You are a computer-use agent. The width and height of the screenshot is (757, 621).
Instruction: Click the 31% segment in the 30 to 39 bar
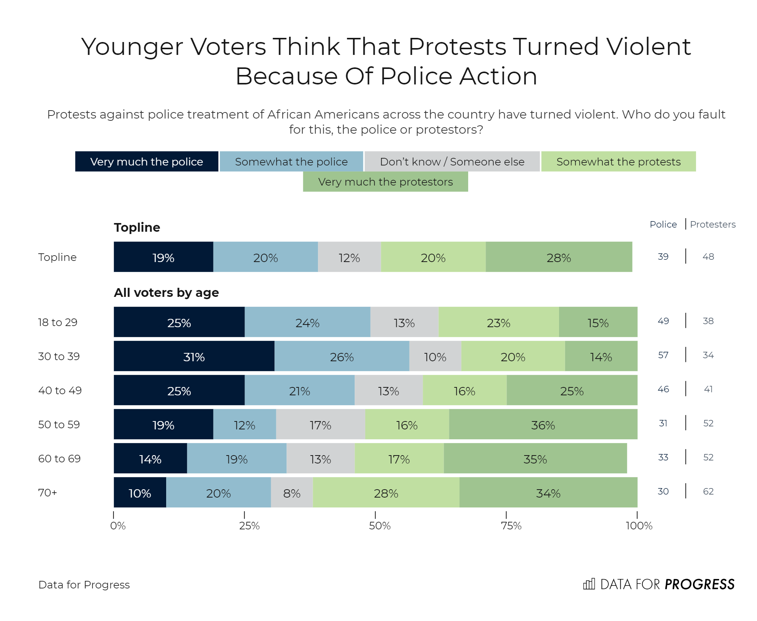point(194,356)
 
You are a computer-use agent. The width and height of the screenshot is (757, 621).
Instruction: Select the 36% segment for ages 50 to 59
point(543,424)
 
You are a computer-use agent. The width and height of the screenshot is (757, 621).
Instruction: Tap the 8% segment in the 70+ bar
point(291,493)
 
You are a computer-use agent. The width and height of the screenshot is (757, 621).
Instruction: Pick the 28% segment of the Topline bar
point(559,257)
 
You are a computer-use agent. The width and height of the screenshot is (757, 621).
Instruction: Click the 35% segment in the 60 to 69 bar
point(535,459)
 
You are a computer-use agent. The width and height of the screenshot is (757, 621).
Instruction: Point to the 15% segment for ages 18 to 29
point(598,322)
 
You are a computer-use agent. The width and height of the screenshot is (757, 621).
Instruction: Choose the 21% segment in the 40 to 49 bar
point(299,390)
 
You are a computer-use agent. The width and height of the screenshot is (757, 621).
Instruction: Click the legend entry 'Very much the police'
point(146,162)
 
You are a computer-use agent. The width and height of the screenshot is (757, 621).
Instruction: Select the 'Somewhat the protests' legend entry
point(618,162)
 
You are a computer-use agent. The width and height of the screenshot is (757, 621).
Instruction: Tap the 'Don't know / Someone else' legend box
point(452,162)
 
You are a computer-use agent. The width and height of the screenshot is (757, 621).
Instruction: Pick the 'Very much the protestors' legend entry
point(385,182)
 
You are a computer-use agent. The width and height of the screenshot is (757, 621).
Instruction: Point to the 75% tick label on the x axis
point(511,526)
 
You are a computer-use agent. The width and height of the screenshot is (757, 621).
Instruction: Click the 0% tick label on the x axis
point(118,526)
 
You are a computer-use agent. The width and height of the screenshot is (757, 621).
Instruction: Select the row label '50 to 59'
point(59,424)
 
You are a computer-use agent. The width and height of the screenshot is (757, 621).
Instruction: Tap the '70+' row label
point(48,493)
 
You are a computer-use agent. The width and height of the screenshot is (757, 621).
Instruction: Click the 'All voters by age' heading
point(166,293)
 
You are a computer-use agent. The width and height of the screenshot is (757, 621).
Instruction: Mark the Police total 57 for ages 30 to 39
point(663,355)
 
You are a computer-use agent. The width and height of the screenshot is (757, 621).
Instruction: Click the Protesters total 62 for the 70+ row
point(708,491)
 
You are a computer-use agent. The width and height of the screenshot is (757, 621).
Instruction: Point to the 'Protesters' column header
point(713,225)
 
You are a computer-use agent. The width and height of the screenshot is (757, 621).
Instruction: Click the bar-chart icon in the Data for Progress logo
point(589,584)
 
